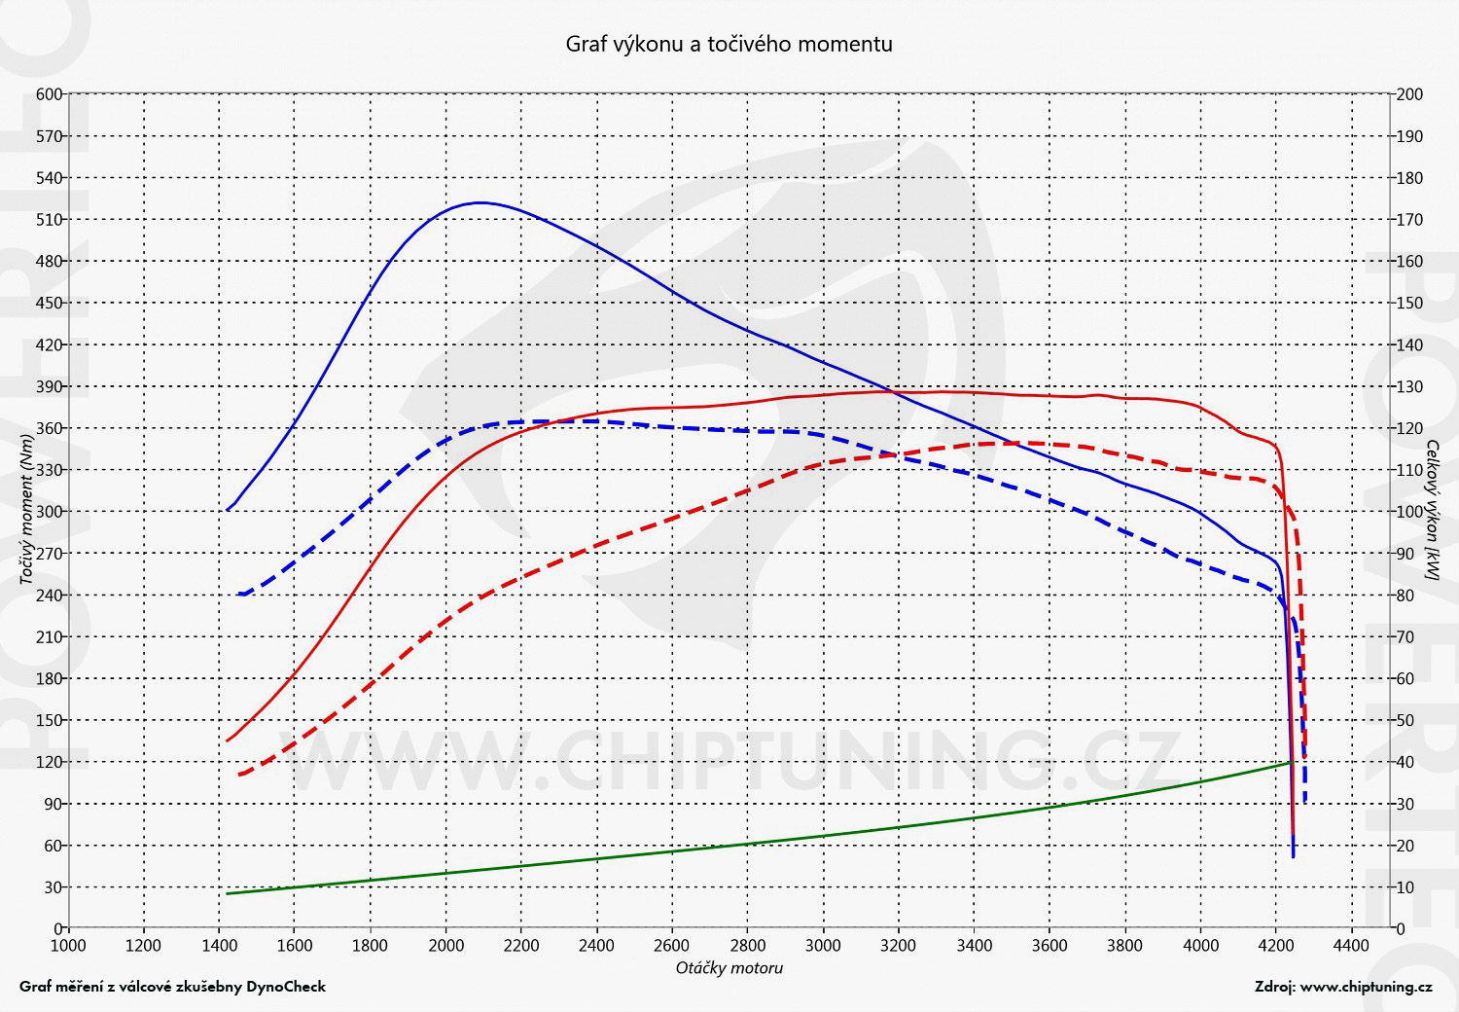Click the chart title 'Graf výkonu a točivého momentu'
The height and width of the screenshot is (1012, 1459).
pos(729,44)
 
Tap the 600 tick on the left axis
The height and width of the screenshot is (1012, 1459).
pos(50,94)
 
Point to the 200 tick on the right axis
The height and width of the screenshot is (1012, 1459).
pos(1409,94)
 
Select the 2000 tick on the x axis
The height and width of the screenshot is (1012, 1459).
pos(445,945)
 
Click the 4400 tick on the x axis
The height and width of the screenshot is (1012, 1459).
pos(1351,945)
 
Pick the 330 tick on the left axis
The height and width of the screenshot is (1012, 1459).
pos(50,470)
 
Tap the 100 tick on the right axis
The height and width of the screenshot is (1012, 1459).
pos(1409,512)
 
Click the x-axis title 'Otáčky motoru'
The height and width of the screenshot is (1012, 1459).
pos(729,968)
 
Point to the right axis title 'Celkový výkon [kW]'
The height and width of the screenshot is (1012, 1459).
pos(1433,511)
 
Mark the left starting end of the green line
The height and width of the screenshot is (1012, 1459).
pos(227,893)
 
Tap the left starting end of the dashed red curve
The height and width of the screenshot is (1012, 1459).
pos(239,775)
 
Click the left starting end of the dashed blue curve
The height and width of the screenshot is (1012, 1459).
pos(239,594)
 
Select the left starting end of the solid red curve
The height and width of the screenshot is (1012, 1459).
pos(227,741)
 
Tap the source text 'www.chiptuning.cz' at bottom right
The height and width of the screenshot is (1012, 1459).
pos(1366,987)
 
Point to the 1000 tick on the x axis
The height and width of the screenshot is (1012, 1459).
pos(68,945)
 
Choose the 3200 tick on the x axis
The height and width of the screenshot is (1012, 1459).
pos(899,945)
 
